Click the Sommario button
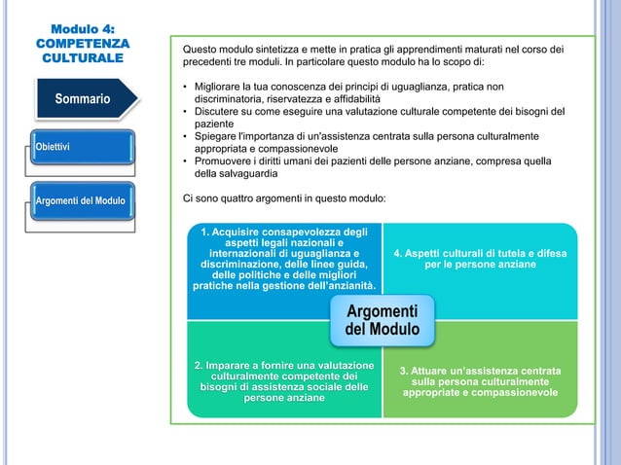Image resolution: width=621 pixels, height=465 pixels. pos(82,99)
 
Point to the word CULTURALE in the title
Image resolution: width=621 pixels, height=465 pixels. pos(82,59)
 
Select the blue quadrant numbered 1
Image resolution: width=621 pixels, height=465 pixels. pos(283,259)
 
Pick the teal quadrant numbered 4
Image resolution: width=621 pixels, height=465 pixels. pos(480,258)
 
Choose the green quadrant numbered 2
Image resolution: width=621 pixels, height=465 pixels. pos(283,380)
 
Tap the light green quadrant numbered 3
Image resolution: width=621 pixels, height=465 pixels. pos(480,381)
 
